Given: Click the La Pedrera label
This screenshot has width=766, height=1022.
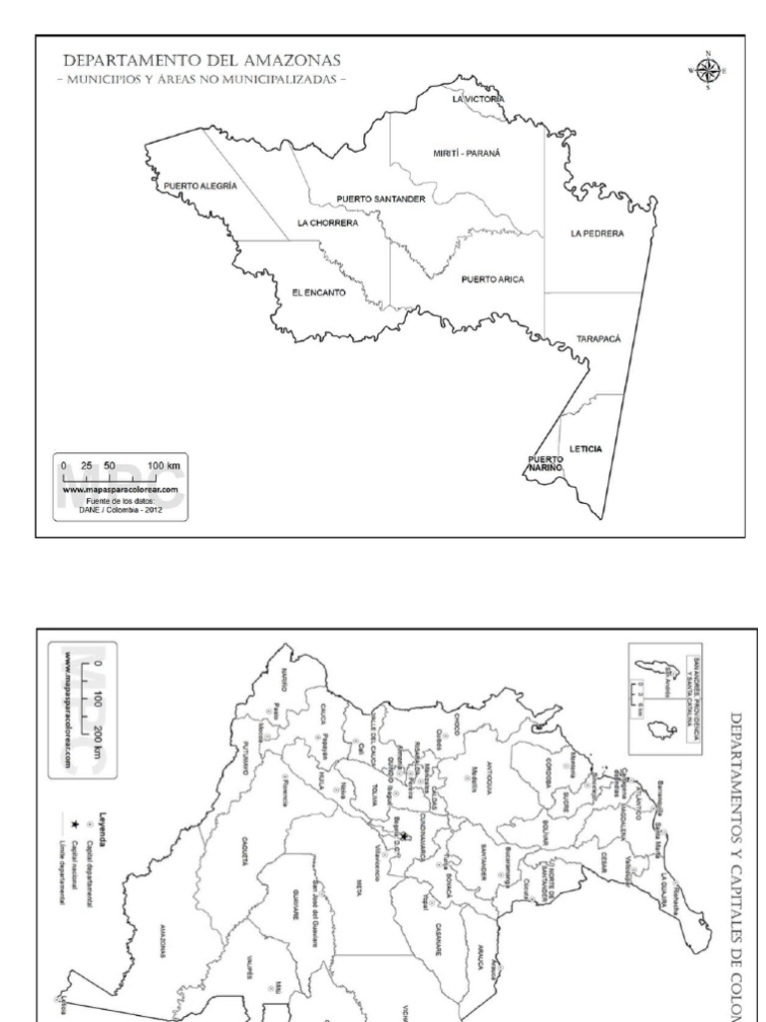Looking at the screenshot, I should (596, 234).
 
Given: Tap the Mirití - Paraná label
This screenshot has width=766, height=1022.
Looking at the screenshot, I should (466, 153).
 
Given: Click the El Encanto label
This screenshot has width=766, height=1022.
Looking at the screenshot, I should (318, 292).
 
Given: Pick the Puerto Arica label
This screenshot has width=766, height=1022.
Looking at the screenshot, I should (493, 279).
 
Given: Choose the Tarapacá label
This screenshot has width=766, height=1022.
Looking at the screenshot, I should (598, 339).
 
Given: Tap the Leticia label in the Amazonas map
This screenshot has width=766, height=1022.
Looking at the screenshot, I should (585, 449).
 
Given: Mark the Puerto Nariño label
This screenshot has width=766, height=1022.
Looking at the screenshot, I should (546, 462).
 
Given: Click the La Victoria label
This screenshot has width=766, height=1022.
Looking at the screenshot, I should (479, 100).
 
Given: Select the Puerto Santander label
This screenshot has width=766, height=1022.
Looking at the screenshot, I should (381, 199).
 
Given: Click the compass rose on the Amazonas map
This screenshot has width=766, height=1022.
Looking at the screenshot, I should (708, 69).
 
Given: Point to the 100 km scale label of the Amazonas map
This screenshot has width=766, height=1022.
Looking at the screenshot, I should (166, 466).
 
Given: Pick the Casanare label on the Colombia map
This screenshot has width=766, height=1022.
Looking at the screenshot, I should (439, 938).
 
